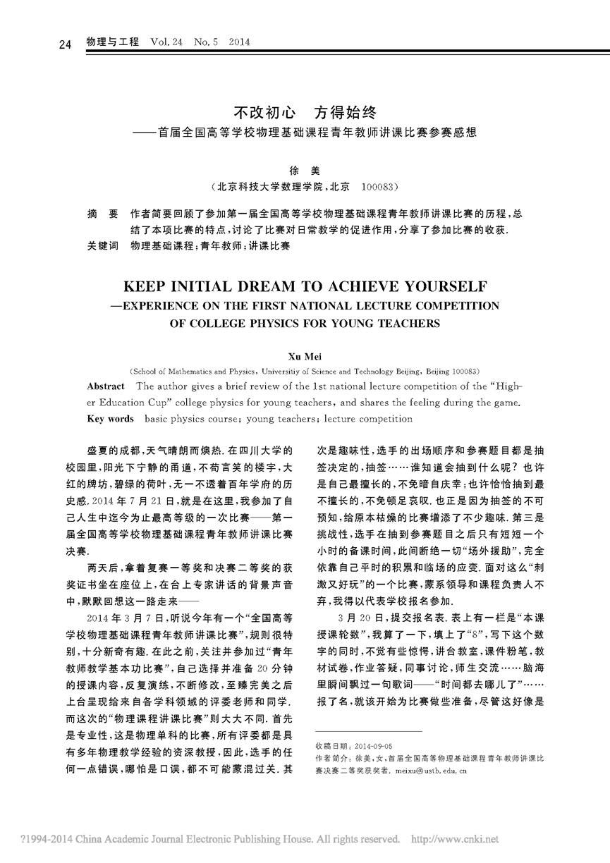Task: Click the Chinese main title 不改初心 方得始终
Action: [x=305, y=112]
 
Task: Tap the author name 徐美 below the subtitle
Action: [x=305, y=170]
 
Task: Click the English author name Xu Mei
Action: [x=305, y=358]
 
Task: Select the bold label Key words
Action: [x=110, y=419]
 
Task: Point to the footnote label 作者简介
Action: [x=331, y=758]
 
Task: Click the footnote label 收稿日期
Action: [x=330, y=745]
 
